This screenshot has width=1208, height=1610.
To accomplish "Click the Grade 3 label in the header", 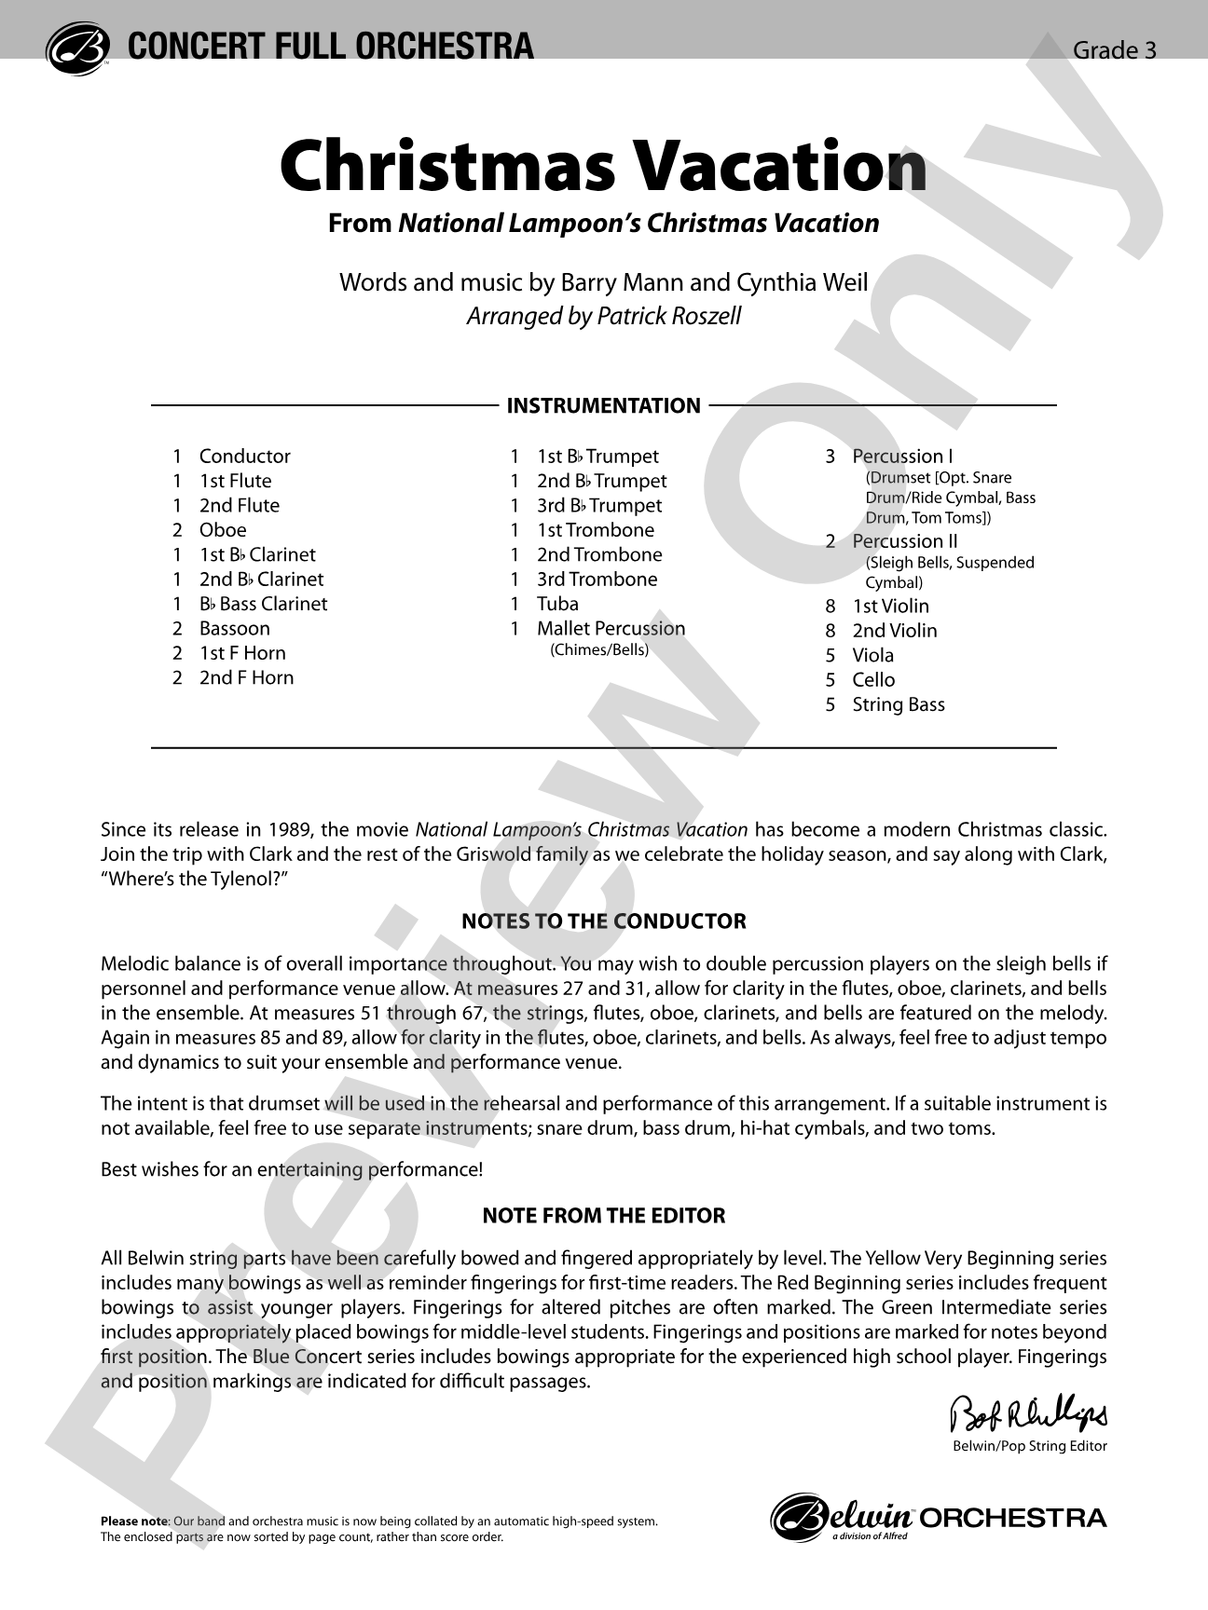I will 1114,50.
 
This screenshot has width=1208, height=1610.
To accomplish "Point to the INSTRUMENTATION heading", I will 603,405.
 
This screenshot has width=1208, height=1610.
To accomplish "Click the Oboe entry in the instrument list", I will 223,530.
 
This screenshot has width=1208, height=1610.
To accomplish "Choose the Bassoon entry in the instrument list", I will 234,629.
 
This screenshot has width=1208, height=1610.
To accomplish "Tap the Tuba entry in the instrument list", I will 557,604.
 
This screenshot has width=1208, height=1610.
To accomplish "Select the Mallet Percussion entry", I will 611,629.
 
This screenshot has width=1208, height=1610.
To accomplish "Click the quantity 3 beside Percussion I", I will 830,457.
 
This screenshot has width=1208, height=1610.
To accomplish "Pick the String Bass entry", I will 899,704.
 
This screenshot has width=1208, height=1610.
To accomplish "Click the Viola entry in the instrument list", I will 872,655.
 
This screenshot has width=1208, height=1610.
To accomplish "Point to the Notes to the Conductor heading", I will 604,921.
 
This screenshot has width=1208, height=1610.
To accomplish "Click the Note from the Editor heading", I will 603,1216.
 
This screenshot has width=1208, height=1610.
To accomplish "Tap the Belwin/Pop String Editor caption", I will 1030,1446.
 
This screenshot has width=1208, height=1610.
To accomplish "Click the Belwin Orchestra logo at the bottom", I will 939,1518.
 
